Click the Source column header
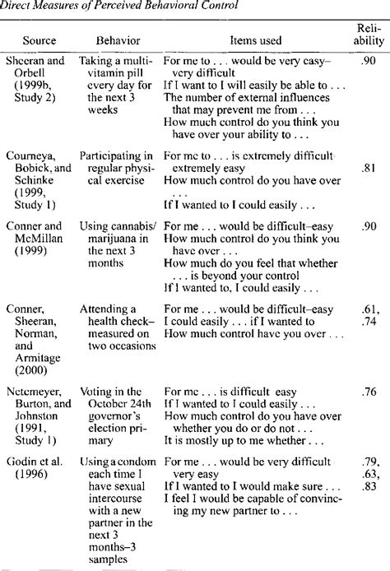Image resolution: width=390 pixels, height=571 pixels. point(34,39)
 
